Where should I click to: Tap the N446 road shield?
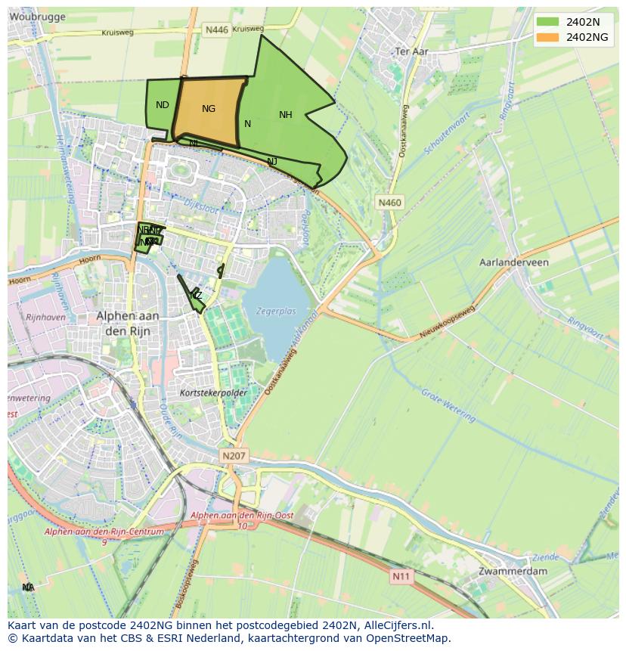[216, 29]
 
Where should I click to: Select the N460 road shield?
[390, 203]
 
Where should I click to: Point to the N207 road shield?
[234, 456]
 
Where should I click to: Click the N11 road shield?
[401, 576]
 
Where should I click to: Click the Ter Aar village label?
[412, 51]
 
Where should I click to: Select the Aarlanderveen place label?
[514, 262]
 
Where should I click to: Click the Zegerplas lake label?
[276, 310]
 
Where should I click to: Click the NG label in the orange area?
[209, 109]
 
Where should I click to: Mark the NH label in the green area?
[285, 115]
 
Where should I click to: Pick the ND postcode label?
[162, 105]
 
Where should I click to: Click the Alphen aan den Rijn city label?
[123, 323]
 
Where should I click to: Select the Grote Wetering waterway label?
[448, 405]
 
